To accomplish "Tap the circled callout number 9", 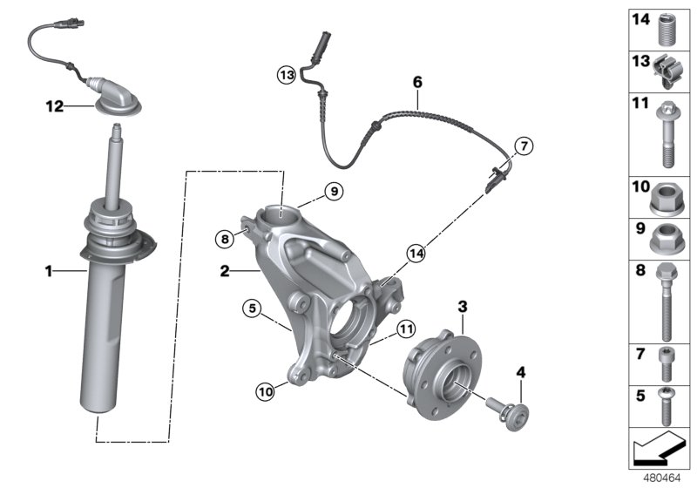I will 331,191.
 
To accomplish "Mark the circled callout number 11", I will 403,329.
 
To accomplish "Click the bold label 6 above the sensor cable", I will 417,82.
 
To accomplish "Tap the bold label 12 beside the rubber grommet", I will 55,107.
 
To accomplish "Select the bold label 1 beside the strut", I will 50,272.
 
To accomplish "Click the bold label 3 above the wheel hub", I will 463,306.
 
